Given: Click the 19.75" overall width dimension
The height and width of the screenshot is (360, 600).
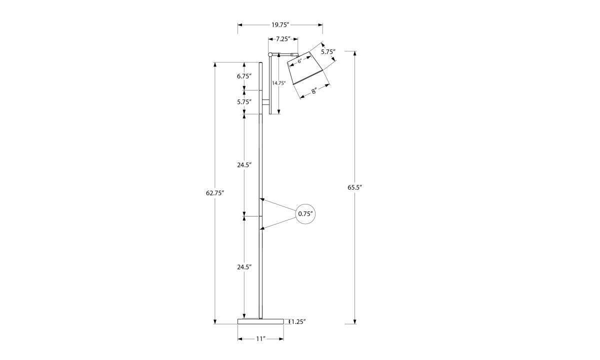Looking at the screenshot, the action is coord(280,25).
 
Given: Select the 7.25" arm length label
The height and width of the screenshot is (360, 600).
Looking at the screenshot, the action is coord(283,39).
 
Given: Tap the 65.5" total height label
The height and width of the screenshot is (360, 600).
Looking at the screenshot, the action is coord(354,187).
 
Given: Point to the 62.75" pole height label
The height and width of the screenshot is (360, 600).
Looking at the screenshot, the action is coord(215,193).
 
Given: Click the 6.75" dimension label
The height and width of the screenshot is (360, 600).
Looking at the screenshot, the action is coord(244,76).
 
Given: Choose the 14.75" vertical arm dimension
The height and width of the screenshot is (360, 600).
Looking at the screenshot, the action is coord(279,83).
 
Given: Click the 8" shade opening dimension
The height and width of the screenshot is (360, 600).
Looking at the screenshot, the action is coord(314,91).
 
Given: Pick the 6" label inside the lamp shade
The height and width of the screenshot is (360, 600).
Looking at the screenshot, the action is coord(299,61).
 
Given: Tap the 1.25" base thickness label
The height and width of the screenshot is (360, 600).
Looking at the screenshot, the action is coord(298,321).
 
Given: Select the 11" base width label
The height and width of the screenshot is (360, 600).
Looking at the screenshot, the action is coord(260,339).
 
